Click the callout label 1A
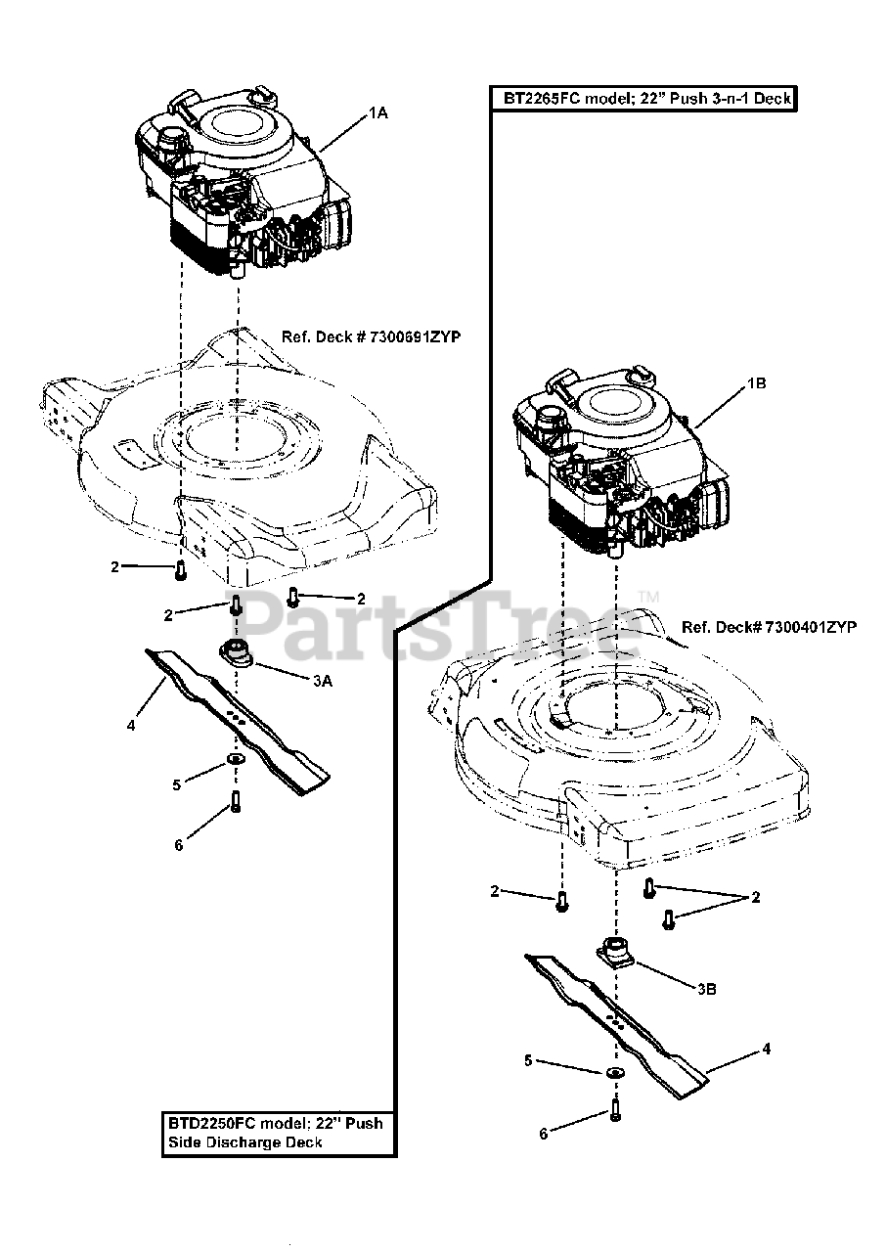(378, 113)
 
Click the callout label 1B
(756, 384)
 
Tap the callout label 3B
(707, 989)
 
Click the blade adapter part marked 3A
(236, 652)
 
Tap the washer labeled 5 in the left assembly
(236, 761)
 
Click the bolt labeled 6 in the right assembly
(614, 1109)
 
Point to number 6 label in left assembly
(178, 845)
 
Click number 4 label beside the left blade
(130, 726)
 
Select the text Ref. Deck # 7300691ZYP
(371, 336)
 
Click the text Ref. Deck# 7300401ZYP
(769, 627)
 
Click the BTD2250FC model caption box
(279, 1132)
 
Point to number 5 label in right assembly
(528, 1060)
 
